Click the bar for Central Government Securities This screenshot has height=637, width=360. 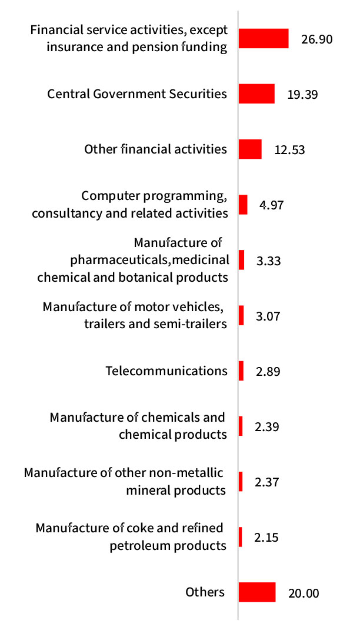(x=256, y=94)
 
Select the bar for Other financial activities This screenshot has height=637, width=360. (x=250, y=149)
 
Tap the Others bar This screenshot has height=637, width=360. (x=257, y=592)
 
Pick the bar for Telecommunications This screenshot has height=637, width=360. (x=241, y=371)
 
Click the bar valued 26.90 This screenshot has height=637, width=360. (x=264, y=38)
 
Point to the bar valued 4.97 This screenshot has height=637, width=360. (x=243, y=205)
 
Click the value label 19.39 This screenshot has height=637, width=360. (x=302, y=95)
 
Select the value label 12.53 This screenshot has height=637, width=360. (x=289, y=150)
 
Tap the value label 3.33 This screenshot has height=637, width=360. (x=269, y=261)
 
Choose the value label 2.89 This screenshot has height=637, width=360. (x=268, y=372)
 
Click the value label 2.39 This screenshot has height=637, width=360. (x=267, y=427)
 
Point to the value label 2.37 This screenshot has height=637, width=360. (x=267, y=482)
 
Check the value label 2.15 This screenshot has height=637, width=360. (x=267, y=538)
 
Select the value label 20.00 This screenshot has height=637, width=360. (x=304, y=593)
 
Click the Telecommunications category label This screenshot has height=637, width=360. (x=166, y=371)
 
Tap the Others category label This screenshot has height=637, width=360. (x=205, y=592)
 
